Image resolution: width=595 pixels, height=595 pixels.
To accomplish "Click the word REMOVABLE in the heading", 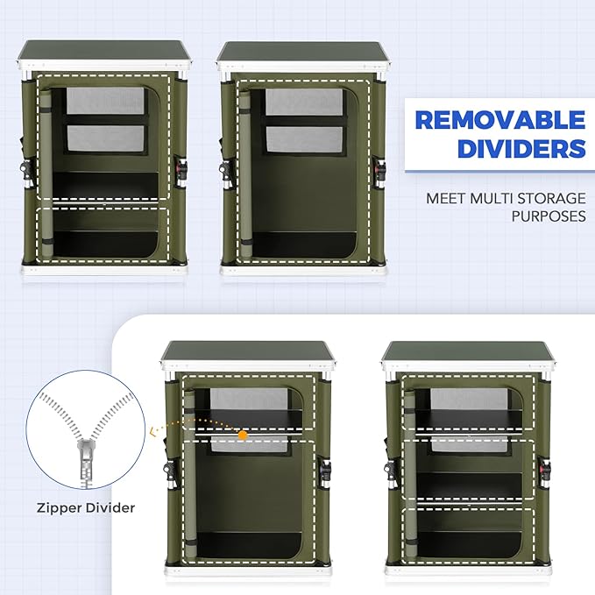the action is pos(500,120).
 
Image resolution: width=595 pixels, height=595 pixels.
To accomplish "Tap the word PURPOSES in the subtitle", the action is pos(549,216).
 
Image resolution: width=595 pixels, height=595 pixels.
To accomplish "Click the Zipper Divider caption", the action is pos(86,507).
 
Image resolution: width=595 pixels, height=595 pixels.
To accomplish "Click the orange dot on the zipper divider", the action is pos(243,435).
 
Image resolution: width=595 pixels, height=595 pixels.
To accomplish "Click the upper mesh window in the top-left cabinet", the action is pos(106,100).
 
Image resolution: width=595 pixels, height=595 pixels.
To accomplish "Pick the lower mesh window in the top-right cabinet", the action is pos(304,139).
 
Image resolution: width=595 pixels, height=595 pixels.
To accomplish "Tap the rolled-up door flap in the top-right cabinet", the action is pos(245,172).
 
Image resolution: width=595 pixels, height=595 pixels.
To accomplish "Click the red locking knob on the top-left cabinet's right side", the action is pos(182,167).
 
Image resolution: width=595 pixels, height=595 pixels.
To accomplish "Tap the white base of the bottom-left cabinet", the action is pos(249,570).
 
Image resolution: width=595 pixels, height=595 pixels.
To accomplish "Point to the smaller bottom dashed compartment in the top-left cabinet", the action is pos(103,235).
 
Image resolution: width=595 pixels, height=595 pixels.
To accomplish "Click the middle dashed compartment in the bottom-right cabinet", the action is pos(468,471).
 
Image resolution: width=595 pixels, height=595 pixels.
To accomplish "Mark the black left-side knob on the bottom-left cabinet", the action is pos(167,470).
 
